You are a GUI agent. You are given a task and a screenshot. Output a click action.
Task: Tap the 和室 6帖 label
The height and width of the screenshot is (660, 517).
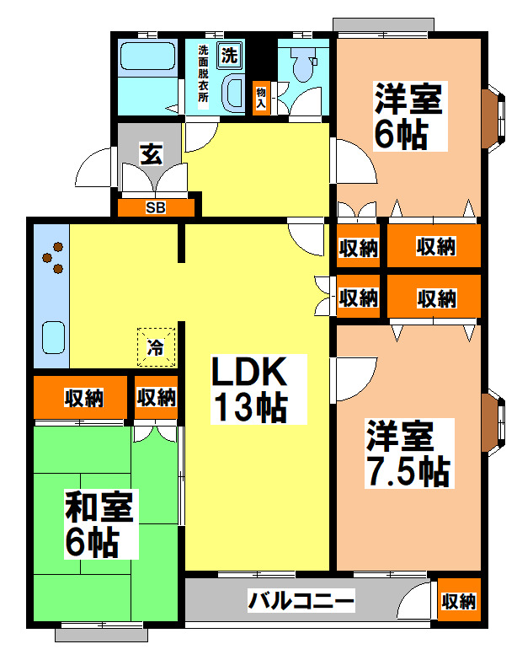(x=100, y=523)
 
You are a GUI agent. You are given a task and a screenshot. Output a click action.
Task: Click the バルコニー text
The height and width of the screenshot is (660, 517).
(x=301, y=601)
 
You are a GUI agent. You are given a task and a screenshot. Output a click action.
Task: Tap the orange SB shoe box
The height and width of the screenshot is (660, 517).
(x=156, y=207)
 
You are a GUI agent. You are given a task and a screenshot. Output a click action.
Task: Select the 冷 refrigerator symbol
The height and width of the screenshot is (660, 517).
(x=157, y=346)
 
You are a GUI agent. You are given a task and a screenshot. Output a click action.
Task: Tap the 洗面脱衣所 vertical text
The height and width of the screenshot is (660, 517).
(x=204, y=73)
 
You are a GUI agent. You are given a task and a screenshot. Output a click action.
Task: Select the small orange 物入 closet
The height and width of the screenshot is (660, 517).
(x=261, y=97)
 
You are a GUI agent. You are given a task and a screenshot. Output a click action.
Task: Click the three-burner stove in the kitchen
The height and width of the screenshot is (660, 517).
(x=52, y=257)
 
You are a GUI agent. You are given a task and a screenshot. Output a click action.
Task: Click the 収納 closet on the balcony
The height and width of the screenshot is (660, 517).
(x=459, y=600)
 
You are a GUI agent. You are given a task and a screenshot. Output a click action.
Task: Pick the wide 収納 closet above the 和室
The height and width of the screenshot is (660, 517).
(x=83, y=397)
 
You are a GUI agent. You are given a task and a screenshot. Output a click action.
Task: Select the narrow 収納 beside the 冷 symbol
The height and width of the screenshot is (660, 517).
(x=156, y=397)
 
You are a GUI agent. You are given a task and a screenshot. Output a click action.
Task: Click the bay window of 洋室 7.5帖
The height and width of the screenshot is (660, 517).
(x=492, y=419)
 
